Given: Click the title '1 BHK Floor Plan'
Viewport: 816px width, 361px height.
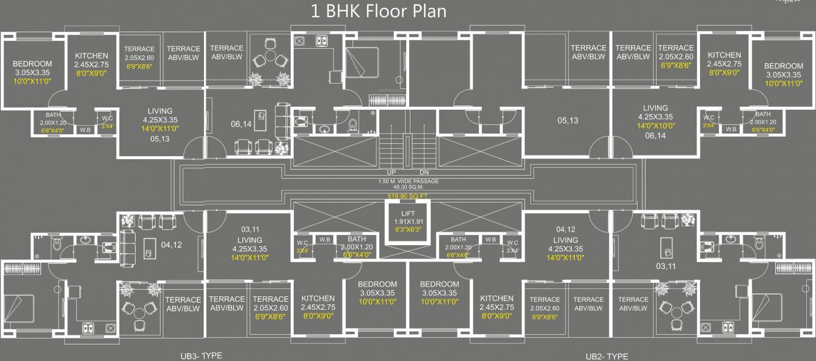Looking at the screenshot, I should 379,11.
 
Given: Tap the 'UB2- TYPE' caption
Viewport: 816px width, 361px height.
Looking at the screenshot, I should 607,357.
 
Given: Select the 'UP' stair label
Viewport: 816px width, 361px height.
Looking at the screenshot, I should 391,173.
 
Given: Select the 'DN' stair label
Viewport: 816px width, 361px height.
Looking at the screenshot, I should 424,173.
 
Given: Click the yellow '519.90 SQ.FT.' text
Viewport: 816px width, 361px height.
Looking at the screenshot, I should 408,196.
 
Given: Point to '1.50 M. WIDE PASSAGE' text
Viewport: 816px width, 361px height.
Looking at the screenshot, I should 408,182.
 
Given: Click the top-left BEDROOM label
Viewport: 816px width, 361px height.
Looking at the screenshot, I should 32,64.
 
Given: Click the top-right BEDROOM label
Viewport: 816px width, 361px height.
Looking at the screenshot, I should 784,66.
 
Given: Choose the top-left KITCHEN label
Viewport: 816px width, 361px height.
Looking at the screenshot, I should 91,55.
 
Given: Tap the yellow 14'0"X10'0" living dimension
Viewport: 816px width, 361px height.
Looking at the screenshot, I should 655,126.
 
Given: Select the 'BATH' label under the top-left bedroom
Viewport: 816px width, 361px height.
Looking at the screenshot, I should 53,114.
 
